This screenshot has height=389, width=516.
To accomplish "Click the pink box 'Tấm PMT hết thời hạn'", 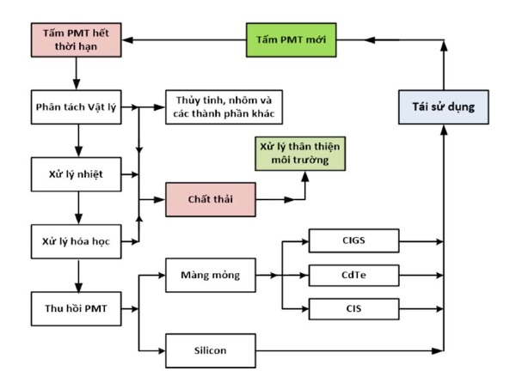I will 75,39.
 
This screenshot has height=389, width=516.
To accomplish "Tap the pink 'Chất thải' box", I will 209,198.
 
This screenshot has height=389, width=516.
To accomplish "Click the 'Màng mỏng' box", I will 209,275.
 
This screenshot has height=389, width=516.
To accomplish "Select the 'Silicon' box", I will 209,350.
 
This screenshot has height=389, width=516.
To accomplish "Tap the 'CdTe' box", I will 354,275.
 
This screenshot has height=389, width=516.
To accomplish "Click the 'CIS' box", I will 354,307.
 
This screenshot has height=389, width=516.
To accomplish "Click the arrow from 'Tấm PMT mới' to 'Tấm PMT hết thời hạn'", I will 181,39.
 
